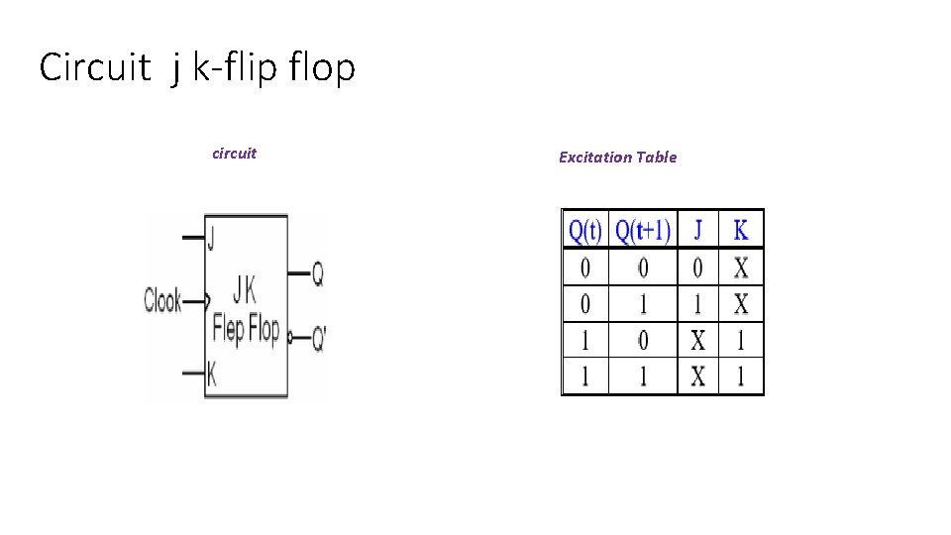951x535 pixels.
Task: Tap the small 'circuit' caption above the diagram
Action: click(x=234, y=153)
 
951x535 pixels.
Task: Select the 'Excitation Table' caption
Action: click(x=617, y=157)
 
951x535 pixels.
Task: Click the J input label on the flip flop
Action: click(x=211, y=238)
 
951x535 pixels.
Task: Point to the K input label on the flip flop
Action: click(x=211, y=374)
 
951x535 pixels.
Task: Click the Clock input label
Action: click(x=162, y=299)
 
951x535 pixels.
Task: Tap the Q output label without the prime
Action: click(x=317, y=275)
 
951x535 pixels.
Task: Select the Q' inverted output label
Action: click(x=318, y=339)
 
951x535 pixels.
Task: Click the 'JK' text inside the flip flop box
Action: click(x=244, y=290)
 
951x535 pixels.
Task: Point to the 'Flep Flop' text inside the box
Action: click(x=246, y=328)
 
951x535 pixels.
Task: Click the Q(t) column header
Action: click(x=584, y=232)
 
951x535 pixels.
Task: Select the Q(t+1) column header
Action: click(x=643, y=232)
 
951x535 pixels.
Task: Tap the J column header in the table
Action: click(x=698, y=232)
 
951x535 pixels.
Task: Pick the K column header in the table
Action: click(x=741, y=232)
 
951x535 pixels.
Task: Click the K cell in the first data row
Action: click(x=741, y=267)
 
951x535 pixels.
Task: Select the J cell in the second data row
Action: click(x=698, y=303)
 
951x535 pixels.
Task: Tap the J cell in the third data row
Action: click(x=698, y=341)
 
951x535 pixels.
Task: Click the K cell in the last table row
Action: click(x=741, y=376)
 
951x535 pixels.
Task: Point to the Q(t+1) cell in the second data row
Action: click(x=643, y=303)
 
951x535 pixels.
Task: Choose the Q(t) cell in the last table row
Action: click(x=584, y=376)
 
